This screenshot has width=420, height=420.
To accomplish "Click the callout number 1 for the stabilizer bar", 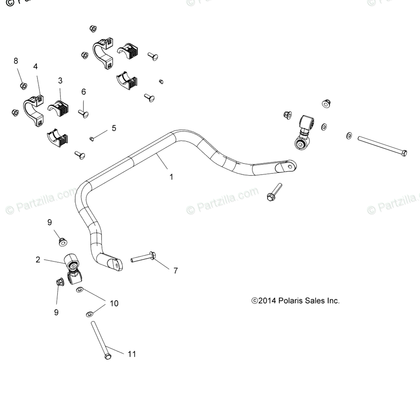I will (171, 177).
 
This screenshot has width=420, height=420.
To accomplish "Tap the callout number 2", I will (38, 260).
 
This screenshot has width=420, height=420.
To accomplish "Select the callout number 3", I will (60, 81).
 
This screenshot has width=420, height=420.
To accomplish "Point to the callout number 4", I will (35, 66).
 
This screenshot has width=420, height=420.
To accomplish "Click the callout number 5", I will (114, 128).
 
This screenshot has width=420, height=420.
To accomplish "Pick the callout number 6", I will (83, 92).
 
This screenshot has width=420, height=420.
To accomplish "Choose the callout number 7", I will (175, 271).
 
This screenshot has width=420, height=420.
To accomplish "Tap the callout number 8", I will (16, 61).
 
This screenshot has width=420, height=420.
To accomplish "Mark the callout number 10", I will (114, 303).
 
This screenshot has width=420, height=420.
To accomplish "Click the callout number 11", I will (132, 354).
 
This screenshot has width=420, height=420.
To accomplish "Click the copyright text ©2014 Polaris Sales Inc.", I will (295, 301).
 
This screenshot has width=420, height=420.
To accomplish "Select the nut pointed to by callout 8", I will (23, 86).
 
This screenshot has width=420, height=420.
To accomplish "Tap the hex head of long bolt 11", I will (108, 356).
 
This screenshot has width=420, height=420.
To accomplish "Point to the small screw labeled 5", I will (92, 139).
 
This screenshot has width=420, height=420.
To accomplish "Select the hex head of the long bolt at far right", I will (404, 153).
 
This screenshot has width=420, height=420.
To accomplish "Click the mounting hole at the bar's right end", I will (291, 166).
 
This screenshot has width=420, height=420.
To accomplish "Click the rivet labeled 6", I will (84, 113).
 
